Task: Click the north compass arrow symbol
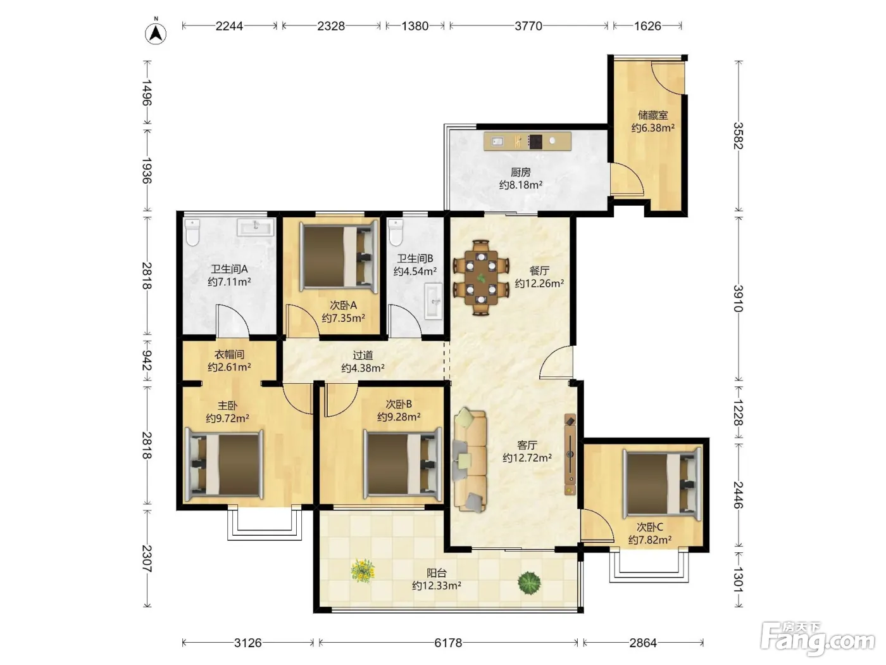pos(156,34)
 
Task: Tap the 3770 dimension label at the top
pos(528,26)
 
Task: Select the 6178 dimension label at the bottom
pos(447,643)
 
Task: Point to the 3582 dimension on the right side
pos(739,136)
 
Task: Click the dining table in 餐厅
pos(481,278)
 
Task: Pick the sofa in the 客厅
pos(470,460)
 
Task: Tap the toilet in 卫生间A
pos(192,232)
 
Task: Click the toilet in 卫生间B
pos(396,232)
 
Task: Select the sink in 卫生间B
pos(434,301)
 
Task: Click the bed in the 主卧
pos(224,464)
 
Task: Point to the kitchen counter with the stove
pos(527,141)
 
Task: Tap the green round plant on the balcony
pos(529,583)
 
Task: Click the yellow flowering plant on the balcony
pos(363,571)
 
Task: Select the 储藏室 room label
pos(652,115)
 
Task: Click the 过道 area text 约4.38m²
pos(363,368)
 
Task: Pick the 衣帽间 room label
pos(229,355)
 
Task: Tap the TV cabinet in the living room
pos(570,454)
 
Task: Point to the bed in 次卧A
pos(339,256)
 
